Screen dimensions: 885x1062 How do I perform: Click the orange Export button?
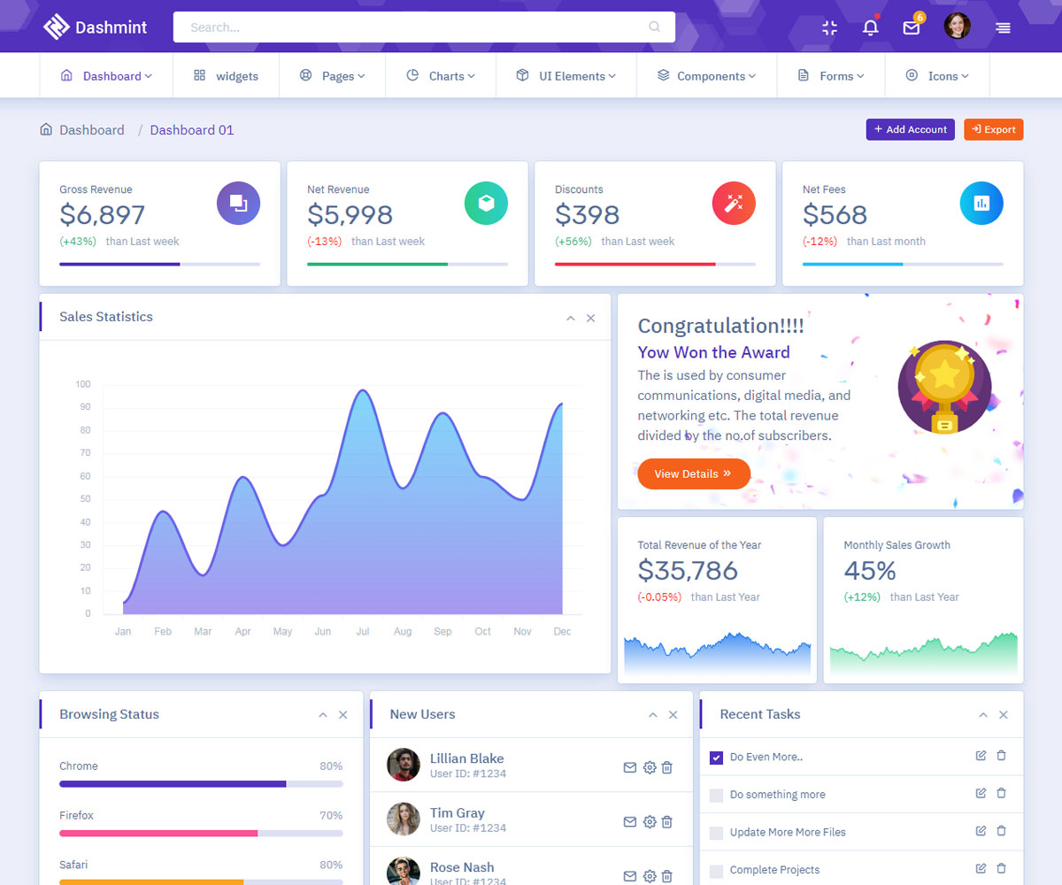[993, 129]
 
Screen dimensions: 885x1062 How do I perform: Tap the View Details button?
[693, 473]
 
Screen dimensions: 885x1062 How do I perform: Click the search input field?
[423, 27]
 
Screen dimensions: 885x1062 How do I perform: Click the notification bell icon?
[871, 27]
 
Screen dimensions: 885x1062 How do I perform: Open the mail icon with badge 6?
[912, 27]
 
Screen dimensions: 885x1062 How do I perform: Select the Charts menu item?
[441, 76]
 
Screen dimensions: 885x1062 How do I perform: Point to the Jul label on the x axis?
[363, 631]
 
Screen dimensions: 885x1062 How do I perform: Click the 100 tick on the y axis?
[83, 384]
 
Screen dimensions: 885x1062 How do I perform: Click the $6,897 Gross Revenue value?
[102, 215]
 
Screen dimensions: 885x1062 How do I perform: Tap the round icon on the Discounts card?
[734, 204]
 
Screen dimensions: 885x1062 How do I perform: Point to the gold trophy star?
[945, 376]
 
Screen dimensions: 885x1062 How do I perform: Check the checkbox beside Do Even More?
[717, 758]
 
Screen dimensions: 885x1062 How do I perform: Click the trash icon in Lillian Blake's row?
[667, 767]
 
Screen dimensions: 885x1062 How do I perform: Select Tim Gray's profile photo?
[404, 819]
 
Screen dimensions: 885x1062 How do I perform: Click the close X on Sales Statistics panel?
[590, 319]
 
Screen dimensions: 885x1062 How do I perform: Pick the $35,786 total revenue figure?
[688, 571]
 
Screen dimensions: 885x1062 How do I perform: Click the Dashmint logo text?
[112, 27]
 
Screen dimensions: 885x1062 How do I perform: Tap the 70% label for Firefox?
[331, 815]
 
